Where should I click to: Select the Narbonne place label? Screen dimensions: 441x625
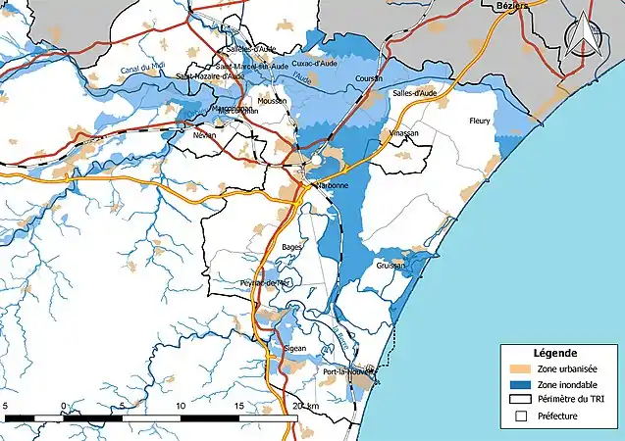(x=330, y=185)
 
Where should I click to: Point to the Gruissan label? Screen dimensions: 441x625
(x=389, y=266)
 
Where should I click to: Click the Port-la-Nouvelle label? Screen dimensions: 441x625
(x=347, y=373)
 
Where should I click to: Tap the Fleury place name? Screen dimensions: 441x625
(x=481, y=122)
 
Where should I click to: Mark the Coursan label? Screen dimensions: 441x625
(x=370, y=79)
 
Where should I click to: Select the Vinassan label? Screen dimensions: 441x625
(x=403, y=131)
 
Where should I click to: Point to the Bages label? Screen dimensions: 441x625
(x=291, y=247)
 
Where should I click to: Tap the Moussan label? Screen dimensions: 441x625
(x=271, y=101)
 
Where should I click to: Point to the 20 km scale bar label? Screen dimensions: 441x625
(x=305, y=406)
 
